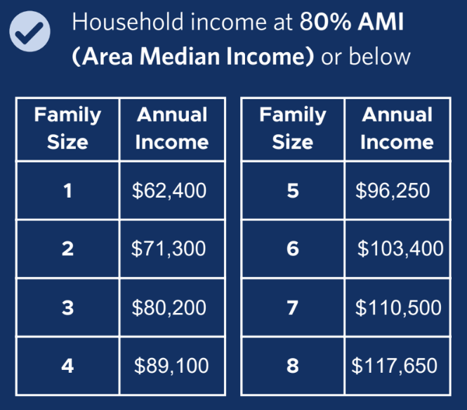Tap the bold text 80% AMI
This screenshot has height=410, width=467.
point(351,24)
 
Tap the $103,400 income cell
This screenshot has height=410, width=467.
point(400,248)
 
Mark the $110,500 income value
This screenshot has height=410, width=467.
point(397,307)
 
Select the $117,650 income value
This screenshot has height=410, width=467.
point(394,366)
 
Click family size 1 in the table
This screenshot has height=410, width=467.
point(67,190)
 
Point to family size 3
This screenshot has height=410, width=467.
point(67,307)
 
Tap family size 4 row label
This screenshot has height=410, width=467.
point(67,366)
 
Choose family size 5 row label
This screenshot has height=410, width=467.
point(293,190)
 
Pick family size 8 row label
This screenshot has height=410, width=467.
point(293,366)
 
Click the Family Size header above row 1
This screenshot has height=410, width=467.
point(67,129)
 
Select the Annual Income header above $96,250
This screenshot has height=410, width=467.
point(397,129)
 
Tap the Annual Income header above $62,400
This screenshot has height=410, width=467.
point(171,129)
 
